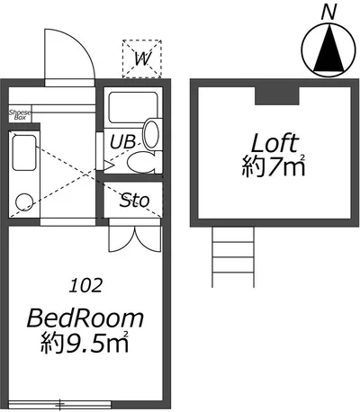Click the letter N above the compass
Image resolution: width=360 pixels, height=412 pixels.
(328, 13)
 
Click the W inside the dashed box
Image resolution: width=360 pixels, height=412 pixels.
(142, 58)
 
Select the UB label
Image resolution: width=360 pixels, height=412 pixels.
(122, 141)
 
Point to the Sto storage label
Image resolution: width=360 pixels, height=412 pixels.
(134, 200)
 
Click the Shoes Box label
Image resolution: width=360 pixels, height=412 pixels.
(20, 115)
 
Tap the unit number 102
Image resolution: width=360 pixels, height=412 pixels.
(85, 285)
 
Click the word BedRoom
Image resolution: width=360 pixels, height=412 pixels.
(85, 318)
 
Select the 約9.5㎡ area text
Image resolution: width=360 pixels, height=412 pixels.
(85, 342)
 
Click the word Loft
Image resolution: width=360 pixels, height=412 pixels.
(274, 143)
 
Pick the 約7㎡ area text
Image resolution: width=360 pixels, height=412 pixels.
(274, 166)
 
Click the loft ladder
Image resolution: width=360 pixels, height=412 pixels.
(233, 257)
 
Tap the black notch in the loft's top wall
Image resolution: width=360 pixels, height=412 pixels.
(277, 95)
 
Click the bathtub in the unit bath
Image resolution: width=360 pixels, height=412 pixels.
(133, 107)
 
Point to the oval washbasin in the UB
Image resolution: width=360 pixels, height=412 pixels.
(151, 134)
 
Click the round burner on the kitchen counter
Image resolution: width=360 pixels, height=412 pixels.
(24, 202)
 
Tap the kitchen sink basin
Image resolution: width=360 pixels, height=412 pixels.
(24, 153)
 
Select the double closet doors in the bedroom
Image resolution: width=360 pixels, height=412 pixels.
(135, 239)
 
